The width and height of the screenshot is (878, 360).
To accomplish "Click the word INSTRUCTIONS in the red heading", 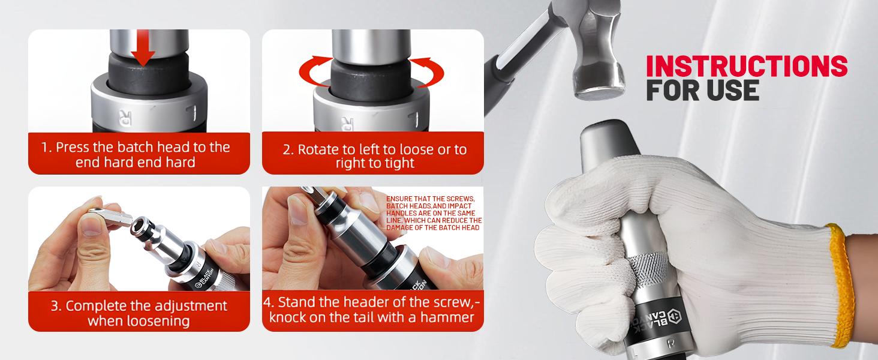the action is pyautogui.click(x=747, y=66).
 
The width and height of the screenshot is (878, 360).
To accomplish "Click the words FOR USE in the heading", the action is pyautogui.click(x=702, y=90).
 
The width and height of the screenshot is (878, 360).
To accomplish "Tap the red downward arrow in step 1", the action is pyautogui.click(x=143, y=50).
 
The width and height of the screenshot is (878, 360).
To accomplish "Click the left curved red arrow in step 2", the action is pyautogui.click(x=314, y=71).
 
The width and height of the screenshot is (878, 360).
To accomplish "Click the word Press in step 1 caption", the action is pyautogui.click(x=72, y=148).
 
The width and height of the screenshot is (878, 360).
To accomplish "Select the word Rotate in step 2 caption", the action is pyautogui.click(x=318, y=149).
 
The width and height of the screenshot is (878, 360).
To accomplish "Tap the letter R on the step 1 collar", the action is pyautogui.click(x=125, y=118).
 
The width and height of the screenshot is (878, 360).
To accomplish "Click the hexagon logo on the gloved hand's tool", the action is pyautogui.click(x=673, y=316).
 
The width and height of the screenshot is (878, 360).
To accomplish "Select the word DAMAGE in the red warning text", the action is pyautogui.click(x=400, y=228).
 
